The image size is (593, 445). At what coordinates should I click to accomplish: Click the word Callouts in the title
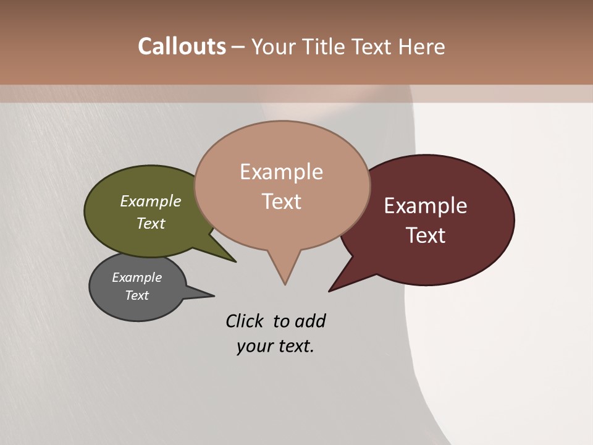pos(182,46)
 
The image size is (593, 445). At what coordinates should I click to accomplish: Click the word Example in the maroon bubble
pos(426,206)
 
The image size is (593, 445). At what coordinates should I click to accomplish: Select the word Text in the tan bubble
pos(282,201)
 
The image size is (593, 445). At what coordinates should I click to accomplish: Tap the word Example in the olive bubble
pos(151,201)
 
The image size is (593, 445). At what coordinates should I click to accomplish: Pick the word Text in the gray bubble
pos(137,295)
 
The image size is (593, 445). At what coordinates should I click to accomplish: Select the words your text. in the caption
pos(275,346)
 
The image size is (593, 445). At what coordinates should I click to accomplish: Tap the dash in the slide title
pos(238,47)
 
